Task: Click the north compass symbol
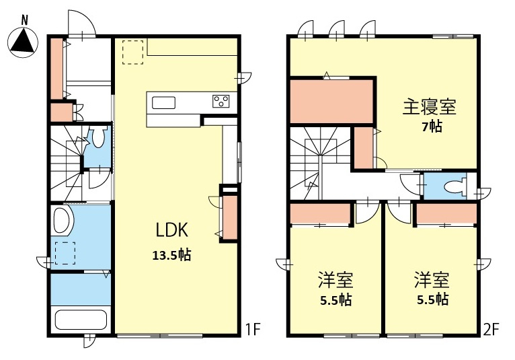[x=23, y=40]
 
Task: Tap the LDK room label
[x=171, y=230]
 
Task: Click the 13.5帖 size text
[x=171, y=255]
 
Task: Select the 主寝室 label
[x=429, y=107]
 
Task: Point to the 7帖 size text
[x=432, y=127]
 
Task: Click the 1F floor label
[x=253, y=329]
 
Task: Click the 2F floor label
[x=491, y=329]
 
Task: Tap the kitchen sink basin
[x=163, y=102]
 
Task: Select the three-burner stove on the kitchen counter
[x=221, y=101]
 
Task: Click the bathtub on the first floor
[x=81, y=320]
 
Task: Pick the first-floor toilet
[x=98, y=137]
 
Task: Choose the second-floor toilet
[x=456, y=187]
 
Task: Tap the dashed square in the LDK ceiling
[x=132, y=52]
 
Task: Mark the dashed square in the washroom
[x=65, y=253]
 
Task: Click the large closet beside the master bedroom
[x=331, y=101]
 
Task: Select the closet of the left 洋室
[x=320, y=213]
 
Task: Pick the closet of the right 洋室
[x=446, y=213]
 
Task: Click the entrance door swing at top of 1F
[x=82, y=22]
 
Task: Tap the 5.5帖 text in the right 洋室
[x=432, y=299]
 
